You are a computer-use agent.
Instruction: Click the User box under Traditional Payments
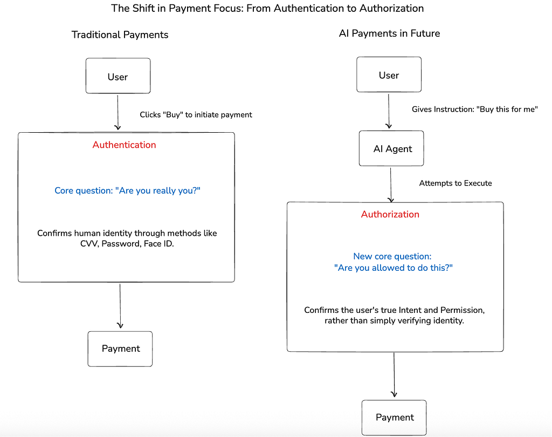pyautogui.click(x=118, y=76)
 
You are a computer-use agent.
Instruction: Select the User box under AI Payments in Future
pyautogui.click(x=389, y=74)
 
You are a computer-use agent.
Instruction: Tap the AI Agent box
pyautogui.click(x=391, y=148)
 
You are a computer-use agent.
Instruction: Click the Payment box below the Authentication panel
pyautogui.click(x=120, y=349)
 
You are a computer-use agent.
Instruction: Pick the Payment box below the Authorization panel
pyautogui.click(x=394, y=418)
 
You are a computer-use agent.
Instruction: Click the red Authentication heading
pyautogui.click(x=125, y=145)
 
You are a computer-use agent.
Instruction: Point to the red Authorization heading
pyautogui.click(x=390, y=214)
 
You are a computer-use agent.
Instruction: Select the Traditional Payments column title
pyautogui.click(x=120, y=35)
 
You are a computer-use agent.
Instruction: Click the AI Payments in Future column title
pyautogui.click(x=389, y=33)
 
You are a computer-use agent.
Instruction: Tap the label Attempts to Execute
pyautogui.click(x=455, y=183)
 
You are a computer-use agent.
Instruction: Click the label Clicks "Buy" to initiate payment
pyautogui.click(x=196, y=115)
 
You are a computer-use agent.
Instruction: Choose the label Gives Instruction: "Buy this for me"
pyautogui.click(x=474, y=109)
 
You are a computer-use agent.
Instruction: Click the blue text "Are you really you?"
pyautogui.click(x=158, y=190)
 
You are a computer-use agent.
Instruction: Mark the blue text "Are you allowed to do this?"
pyautogui.click(x=393, y=268)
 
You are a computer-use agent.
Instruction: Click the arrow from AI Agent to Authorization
pyautogui.click(x=391, y=185)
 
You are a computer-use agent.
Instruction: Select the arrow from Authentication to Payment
pyautogui.click(x=120, y=306)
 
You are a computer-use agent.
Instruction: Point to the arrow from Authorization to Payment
pyautogui.click(x=394, y=374)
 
